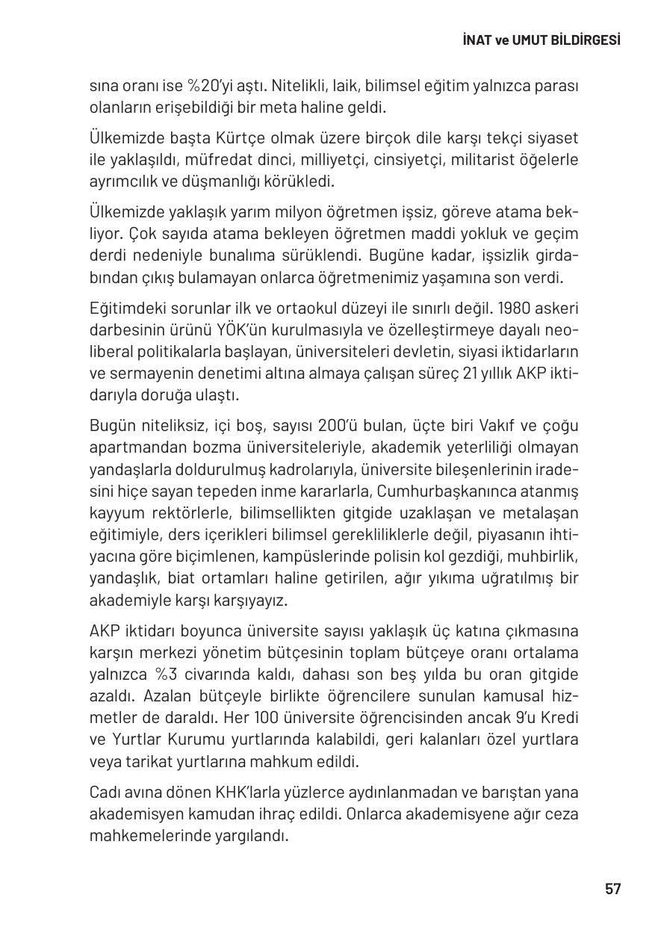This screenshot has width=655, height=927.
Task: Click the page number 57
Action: [x=612, y=889]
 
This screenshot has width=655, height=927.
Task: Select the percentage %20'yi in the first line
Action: [x=191, y=86]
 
